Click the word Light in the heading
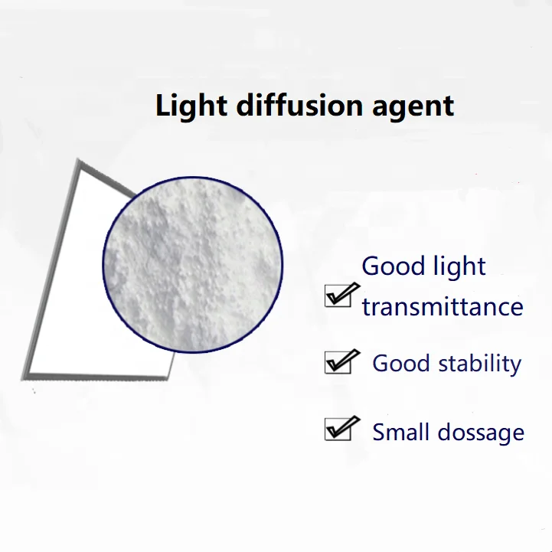pos(191,106)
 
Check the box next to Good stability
pos(338,362)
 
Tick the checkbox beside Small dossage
pos(338,430)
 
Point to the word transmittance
pos(443,307)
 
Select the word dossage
pos(481,433)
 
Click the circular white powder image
pos(193,265)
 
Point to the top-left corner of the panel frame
pos(78,161)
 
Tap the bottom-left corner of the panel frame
pos(24,377)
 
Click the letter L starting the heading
pos(162,105)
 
